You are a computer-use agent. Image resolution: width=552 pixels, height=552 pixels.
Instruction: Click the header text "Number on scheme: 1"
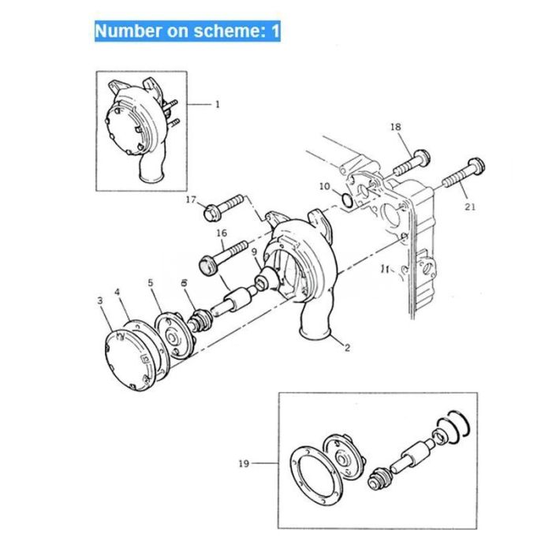(x=187, y=31)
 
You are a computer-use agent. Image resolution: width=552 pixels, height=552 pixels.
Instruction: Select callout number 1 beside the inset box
(x=218, y=103)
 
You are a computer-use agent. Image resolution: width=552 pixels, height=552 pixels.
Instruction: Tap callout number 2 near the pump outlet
(x=346, y=346)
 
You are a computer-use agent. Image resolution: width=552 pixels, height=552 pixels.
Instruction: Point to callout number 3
(x=100, y=300)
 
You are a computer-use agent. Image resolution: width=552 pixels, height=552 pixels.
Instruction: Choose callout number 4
(x=118, y=293)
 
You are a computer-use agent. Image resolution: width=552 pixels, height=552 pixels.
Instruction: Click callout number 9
(x=254, y=252)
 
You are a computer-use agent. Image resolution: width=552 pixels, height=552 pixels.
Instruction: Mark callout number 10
(x=325, y=186)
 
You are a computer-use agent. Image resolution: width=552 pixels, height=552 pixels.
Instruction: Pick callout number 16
(x=222, y=233)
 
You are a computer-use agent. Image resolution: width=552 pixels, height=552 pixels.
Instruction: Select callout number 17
(x=190, y=200)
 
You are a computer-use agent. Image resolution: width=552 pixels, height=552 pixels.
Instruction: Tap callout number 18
(x=395, y=127)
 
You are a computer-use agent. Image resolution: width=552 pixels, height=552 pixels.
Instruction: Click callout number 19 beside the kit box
(x=244, y=464)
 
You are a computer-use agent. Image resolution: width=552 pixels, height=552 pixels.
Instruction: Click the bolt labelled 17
(x=226, y=205)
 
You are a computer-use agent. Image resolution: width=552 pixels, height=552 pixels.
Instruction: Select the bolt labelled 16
(x=225, y=253)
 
